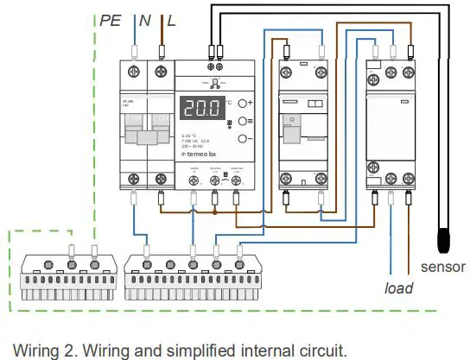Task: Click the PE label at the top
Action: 111,21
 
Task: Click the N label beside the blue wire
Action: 143,21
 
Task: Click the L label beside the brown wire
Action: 170,21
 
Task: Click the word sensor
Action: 442,267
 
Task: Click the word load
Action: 398,287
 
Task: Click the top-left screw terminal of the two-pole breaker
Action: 134,69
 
